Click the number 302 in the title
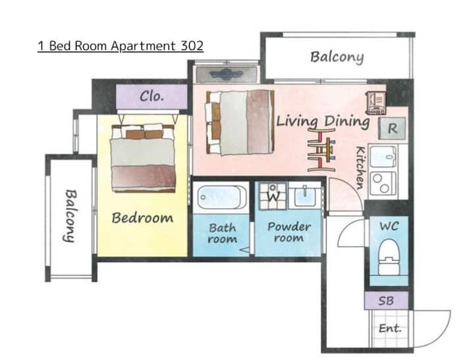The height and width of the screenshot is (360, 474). click(192, 46)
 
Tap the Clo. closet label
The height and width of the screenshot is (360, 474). click(152, 97)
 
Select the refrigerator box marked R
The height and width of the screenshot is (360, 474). click(392, 128)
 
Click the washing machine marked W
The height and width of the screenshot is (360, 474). click(273, 196)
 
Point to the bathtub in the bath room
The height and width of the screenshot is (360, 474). click(222, 197)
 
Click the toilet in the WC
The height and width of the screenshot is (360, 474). click(389, 257)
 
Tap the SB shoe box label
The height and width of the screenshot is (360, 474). click(386, 301)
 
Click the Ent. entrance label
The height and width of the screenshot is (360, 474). click(390, 328)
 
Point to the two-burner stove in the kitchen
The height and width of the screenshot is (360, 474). click(382, 183)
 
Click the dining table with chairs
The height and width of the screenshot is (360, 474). click(322, 149)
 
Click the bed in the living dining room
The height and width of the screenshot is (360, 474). click(240, 122)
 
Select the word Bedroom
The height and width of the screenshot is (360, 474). click(142, 218)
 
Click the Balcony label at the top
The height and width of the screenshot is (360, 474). click(337, 57)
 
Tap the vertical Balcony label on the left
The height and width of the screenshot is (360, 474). click(70, 216)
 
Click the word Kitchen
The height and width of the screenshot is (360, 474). click(361, 168)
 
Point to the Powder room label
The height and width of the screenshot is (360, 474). click(289, 232)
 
